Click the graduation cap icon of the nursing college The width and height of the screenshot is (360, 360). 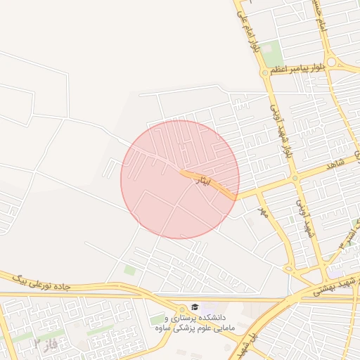(x=194, y=307)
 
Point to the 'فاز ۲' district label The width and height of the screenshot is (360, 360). (x=45, y=343)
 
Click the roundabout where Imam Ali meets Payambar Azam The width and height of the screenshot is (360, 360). (x=265, y=72)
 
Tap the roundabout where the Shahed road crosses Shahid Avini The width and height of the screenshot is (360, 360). (x=296, y=178)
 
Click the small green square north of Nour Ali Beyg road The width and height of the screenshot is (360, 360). (x=129, y=270)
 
